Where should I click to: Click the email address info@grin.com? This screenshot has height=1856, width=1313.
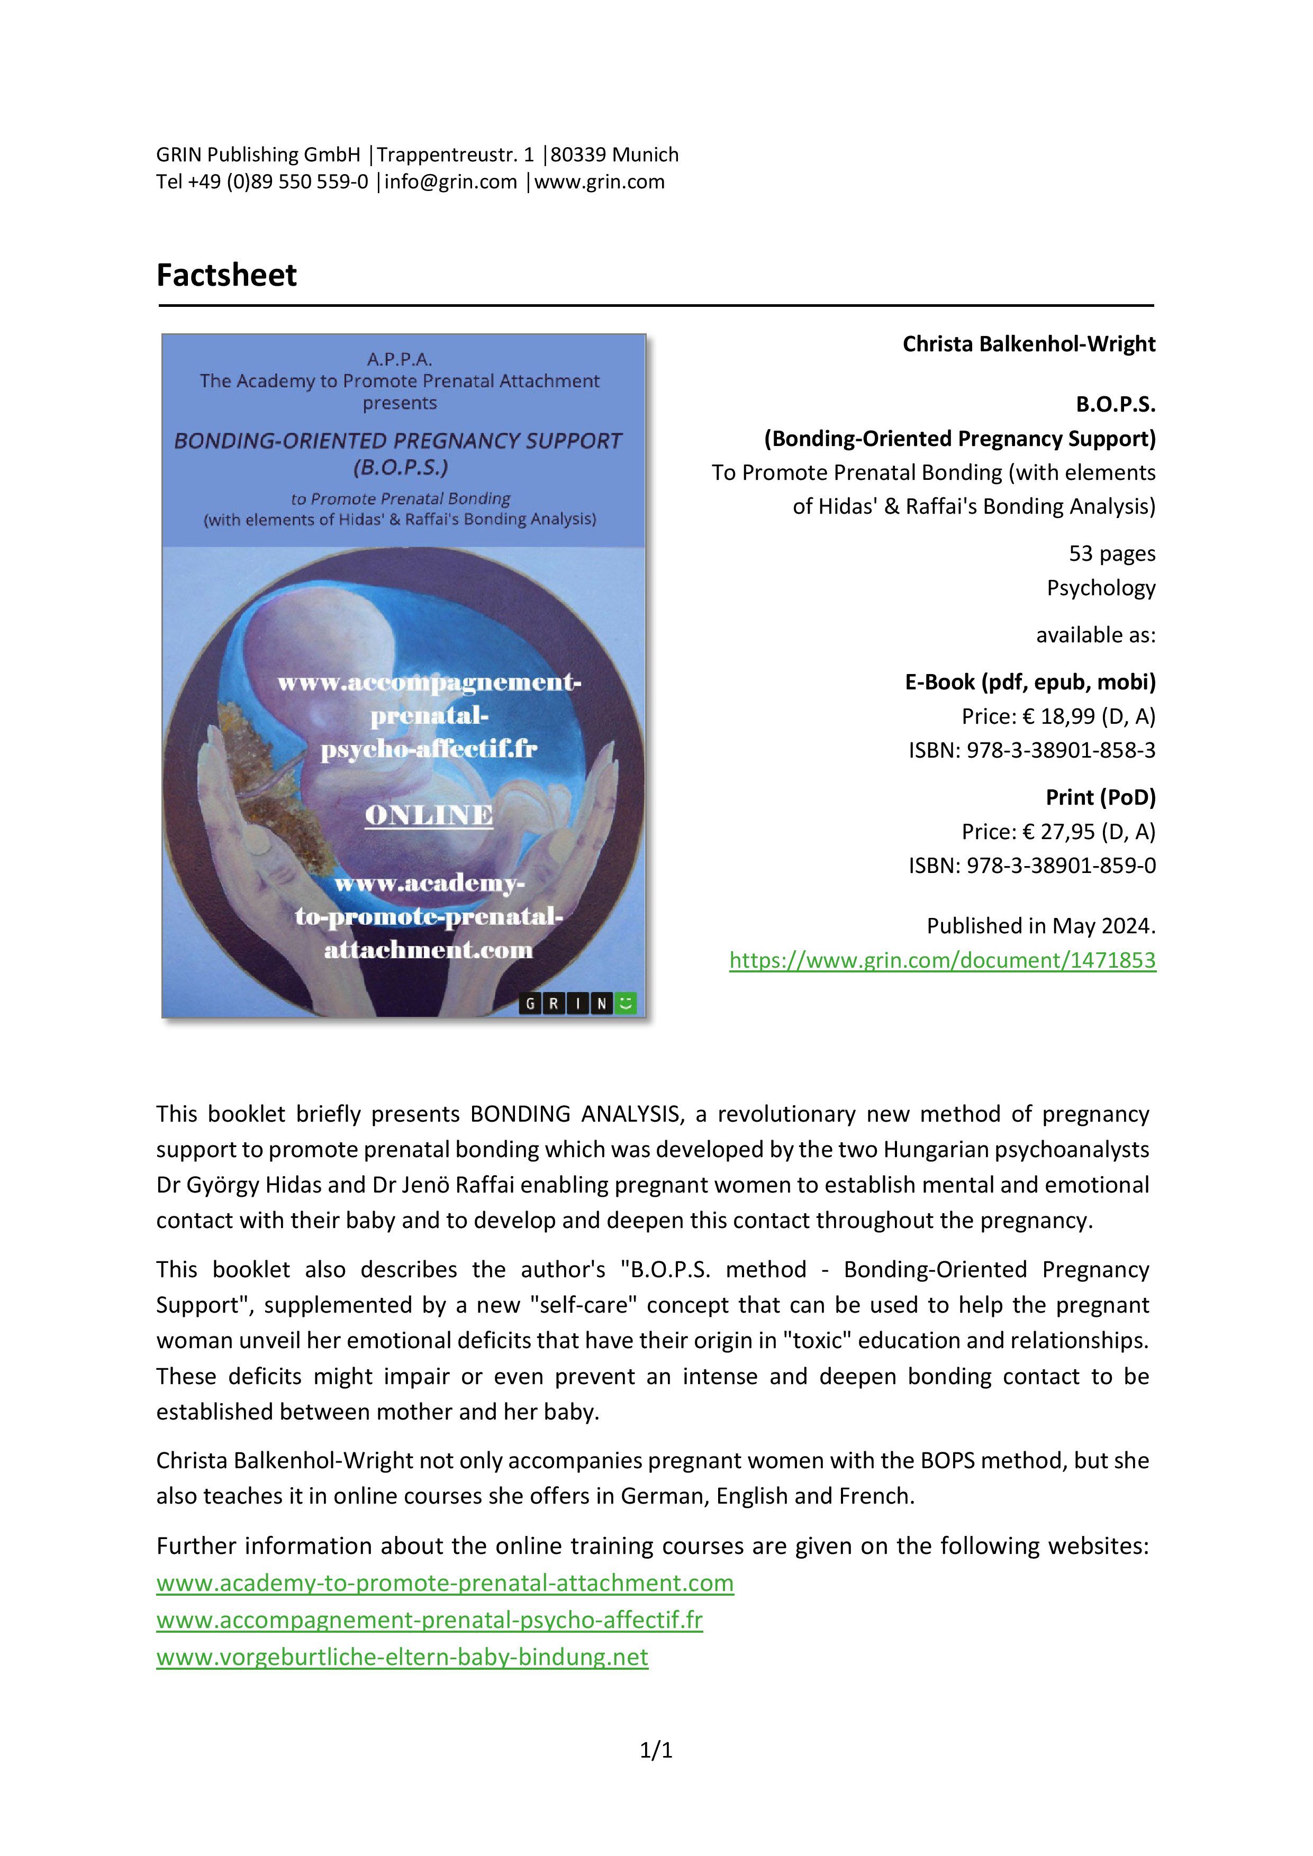click(450, 182)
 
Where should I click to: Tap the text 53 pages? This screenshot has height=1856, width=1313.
click(1112, 554)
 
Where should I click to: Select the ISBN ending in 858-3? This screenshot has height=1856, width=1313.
click(1031, 750)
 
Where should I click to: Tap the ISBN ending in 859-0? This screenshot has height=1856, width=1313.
click(1031, 866)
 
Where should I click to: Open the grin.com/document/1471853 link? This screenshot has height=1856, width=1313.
click(942, 960)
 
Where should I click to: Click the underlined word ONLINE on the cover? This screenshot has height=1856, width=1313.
click(429, 815)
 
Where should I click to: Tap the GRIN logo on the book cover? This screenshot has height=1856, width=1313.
click(577, 1004)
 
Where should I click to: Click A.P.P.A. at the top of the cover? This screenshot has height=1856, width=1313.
click(400, 359)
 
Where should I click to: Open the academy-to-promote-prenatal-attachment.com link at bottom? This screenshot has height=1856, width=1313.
click(445, 1583)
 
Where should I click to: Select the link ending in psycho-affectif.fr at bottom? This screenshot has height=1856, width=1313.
click(429, 1620)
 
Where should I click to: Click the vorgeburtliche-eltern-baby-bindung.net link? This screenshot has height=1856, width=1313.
click(402, 1657)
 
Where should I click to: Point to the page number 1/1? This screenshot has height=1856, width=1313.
click(656, 1751)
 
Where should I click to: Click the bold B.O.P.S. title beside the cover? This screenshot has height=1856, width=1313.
click(1115, 404)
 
